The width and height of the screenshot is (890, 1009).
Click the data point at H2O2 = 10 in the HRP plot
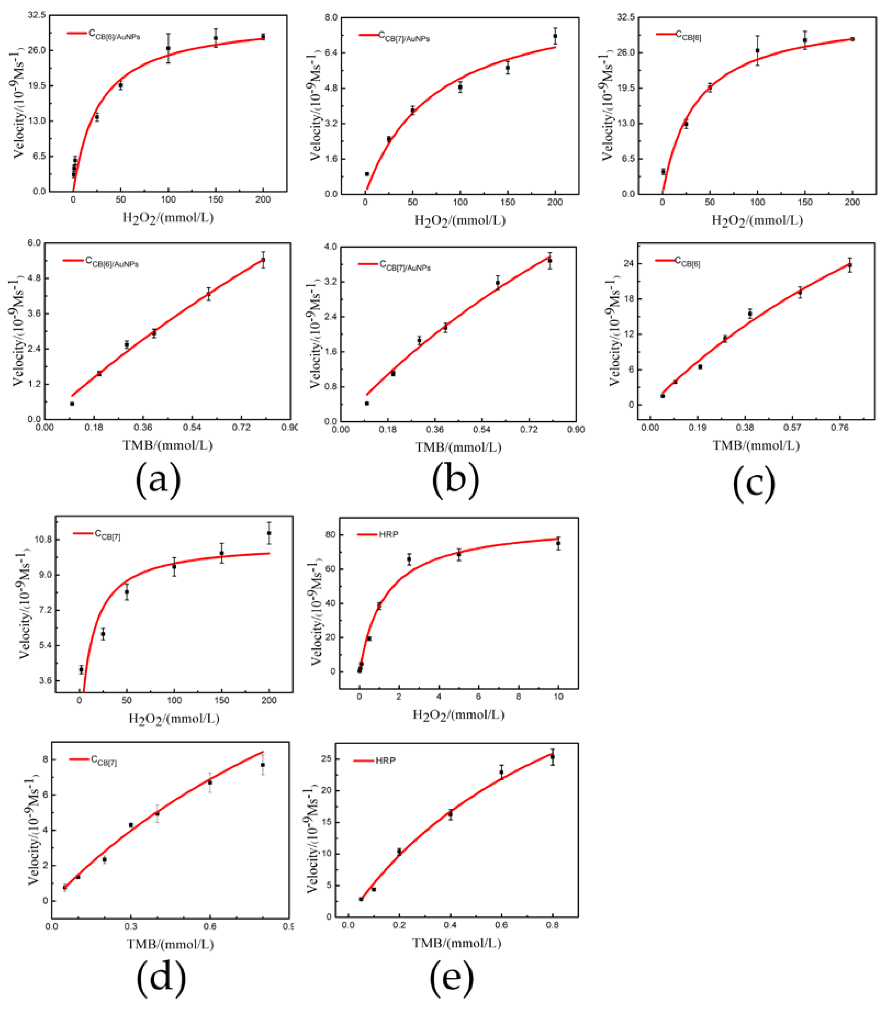click(x=558, y=543)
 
